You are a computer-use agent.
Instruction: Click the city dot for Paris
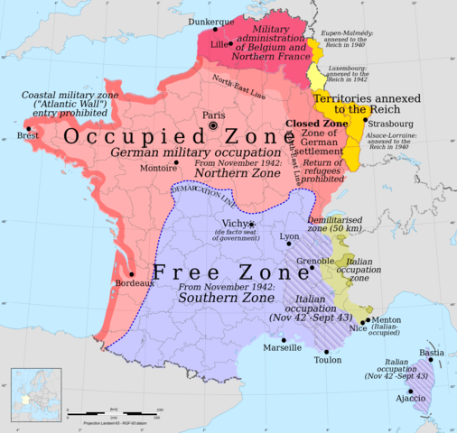pos(213,126)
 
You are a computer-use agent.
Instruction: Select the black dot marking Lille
pos(230,42)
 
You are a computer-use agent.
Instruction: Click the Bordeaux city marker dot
pos(133,273)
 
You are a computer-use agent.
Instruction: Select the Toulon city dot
pos(329,348)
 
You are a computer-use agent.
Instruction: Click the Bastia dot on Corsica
pos(432,360)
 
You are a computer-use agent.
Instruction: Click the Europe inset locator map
pos(36,395)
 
